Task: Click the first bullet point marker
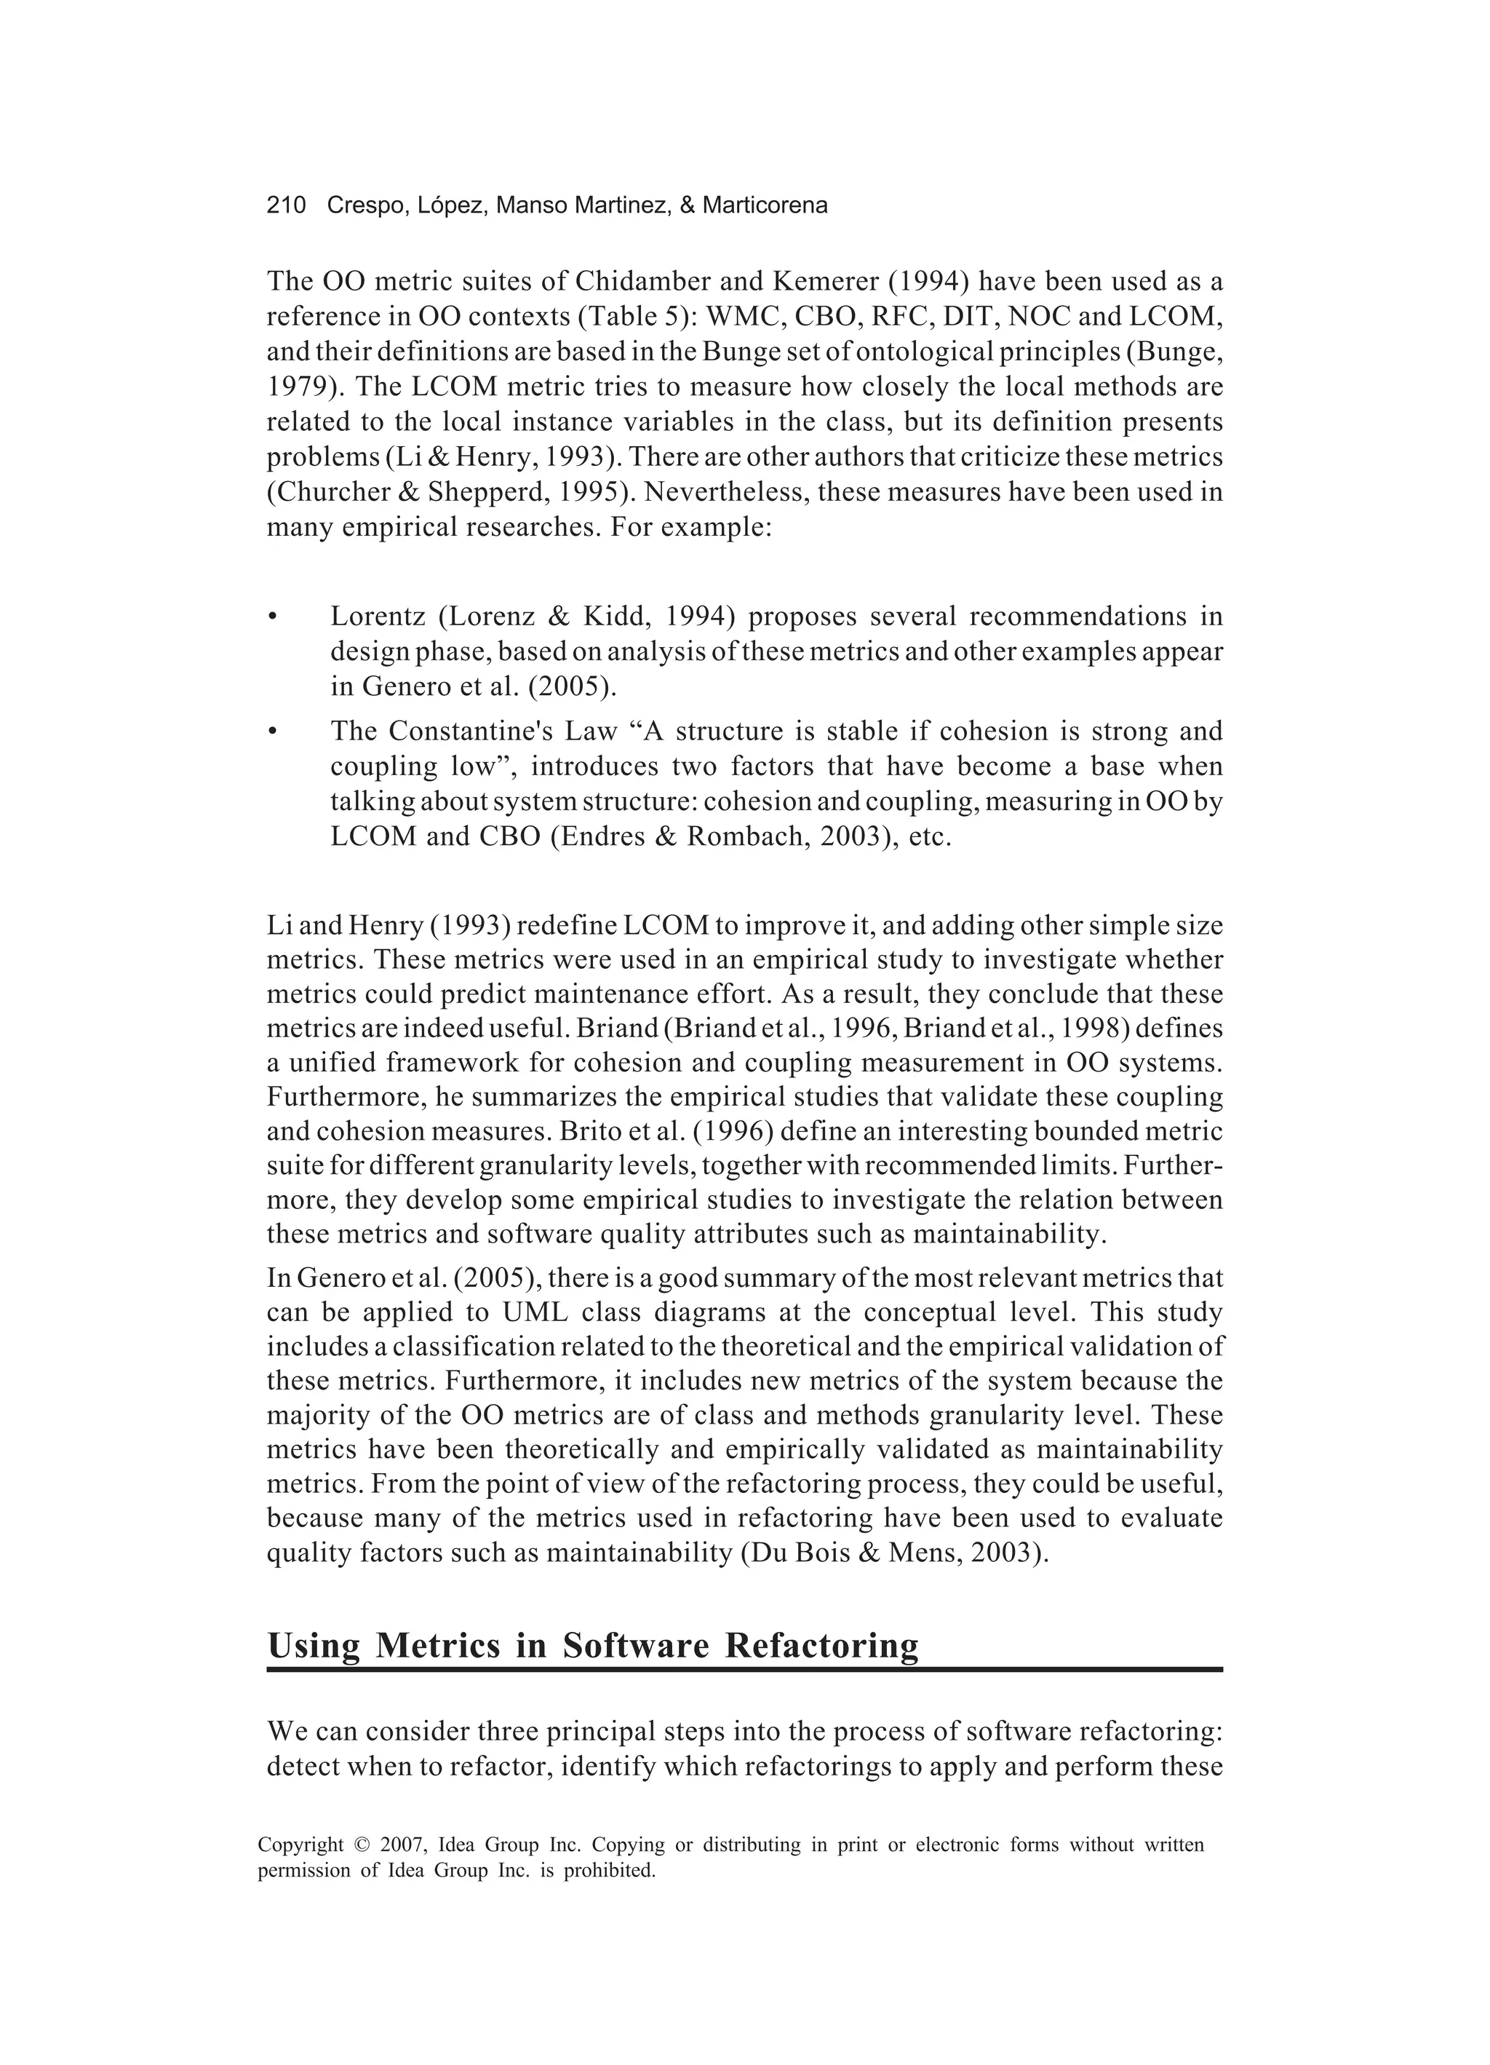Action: pyautogui.click(x=272, y=618)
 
